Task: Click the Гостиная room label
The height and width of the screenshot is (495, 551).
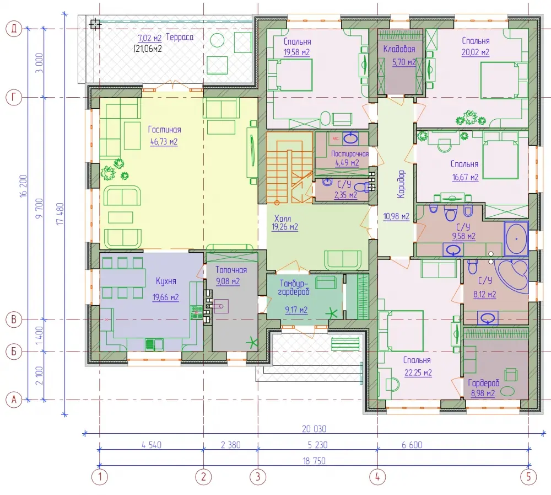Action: click(x=164, y=130)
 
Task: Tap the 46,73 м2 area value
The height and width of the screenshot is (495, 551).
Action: click(x=164, y=142)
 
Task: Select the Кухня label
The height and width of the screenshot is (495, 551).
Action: click(x=166, y=281)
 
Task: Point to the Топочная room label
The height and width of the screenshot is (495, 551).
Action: click(x=231, y=270)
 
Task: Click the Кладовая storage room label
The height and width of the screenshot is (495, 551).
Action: click(x=399, y=49)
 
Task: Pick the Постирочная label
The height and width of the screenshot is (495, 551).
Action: click(x=350, y=154)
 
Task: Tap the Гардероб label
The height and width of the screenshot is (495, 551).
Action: click(x=484, y=382)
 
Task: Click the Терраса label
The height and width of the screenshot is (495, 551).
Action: click(x=180, y=37)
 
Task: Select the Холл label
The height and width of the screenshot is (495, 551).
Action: click(x=283, y=219)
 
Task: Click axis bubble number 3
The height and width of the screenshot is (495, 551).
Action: click(x=258, y=477)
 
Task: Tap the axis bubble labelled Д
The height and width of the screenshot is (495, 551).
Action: click(x=14, y=29)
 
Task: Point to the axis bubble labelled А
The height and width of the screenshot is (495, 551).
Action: click(x=14, y=400)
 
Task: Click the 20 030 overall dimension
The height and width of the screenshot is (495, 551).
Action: click(x=314, y=429)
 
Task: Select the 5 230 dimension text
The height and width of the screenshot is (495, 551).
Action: click(x=318, y=445)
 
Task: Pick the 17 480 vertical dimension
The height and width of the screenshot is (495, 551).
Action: click(x=60, y=214)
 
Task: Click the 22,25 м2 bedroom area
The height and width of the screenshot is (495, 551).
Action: click(x=418, y=372)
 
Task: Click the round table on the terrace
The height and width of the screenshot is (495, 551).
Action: click(x=217, y=40)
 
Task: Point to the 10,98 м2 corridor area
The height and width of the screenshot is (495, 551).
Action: click(x=396, y=216)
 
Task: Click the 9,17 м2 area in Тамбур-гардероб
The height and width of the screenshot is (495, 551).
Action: click(x=296, y=310)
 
